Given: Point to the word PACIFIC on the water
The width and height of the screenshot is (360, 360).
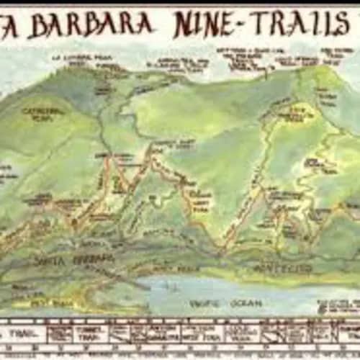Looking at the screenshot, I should [x=206, y=304].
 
